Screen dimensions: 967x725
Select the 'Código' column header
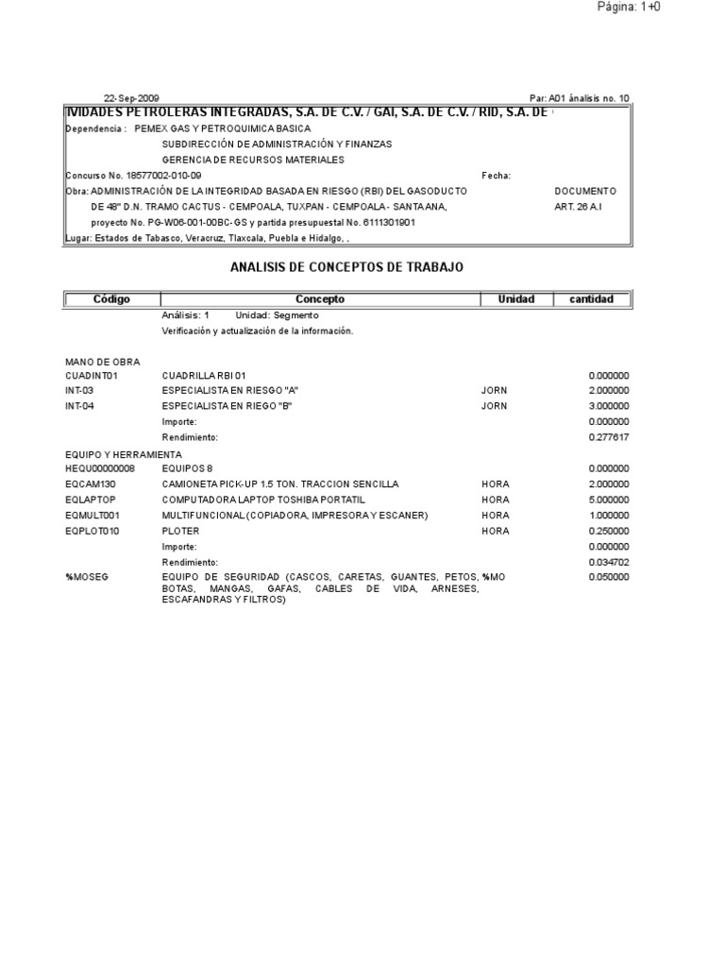(111, 299)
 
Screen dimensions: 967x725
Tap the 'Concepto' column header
(320, 299)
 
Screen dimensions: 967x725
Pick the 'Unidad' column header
(515, 299)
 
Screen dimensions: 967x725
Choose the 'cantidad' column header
(591, 299)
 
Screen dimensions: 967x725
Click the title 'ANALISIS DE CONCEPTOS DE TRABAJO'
(347, 268)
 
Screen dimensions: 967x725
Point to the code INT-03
(79, 390)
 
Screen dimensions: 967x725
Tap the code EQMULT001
(93, 516)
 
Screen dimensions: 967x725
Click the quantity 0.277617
(609, 437)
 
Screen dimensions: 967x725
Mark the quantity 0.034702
(609, 563)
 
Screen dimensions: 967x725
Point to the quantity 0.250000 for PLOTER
(609, 531)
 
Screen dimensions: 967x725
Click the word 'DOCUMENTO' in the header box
(585, 191)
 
